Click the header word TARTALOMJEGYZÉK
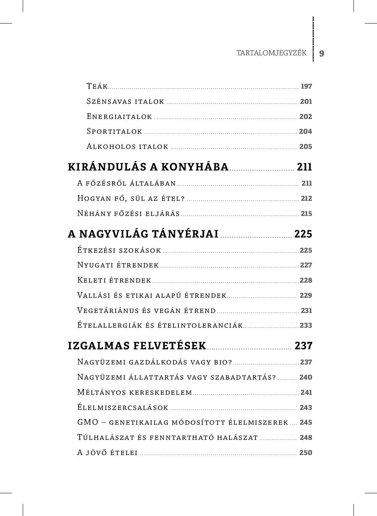point(271,53)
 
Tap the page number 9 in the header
point(322,54)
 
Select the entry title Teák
point(97,86)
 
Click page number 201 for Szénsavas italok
point(306,102)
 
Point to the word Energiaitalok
point(119,117)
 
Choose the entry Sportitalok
point(114,131)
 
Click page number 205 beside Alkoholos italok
point(305,147)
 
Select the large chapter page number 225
point(303,234)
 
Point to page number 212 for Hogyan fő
point(306,199)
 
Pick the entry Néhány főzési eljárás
point(128,214)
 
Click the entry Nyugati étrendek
point(118,265)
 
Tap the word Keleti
point(92,280)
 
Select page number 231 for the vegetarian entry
point(306,311)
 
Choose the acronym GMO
point(88,422)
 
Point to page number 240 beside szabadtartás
point(305,377)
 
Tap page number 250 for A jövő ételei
point(305,453)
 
